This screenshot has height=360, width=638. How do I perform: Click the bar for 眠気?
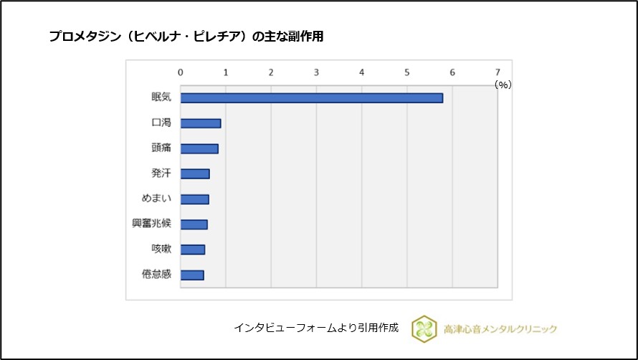click(311, 98)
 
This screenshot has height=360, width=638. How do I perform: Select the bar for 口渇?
click(201, 123)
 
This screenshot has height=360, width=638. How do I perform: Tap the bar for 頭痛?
click(199, 148)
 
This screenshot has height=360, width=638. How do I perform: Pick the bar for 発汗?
click(195, 174)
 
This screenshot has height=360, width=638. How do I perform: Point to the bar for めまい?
click(194, 199)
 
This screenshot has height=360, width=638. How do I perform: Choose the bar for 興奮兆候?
click(194, 224)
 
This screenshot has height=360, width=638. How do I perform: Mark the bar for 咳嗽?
click(193, 250)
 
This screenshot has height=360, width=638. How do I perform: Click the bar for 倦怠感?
click(192, 275)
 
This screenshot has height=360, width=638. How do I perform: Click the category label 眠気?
click(161, 98)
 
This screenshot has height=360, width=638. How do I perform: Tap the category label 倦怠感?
click(156, 275)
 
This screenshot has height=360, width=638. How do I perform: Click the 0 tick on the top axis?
click(181, 72)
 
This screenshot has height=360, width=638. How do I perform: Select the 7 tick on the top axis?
click(497, 72)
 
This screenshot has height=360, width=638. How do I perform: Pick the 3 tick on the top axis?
click(316, 72)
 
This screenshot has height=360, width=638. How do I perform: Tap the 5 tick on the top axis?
click(407, 72)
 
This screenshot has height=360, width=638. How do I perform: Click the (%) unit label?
click(503, 85)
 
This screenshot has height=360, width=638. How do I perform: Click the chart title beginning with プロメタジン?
click(186, 37)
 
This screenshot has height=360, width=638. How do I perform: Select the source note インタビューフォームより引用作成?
click(315, 328)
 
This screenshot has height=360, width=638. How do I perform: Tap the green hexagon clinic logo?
click(424, 328)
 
